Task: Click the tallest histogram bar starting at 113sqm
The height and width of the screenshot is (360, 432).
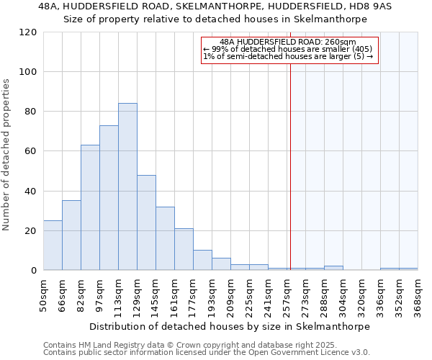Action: tap(127, 186)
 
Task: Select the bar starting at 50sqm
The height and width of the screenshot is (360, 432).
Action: tap(53, 245)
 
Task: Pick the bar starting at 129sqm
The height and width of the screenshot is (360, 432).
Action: tap(146, 222)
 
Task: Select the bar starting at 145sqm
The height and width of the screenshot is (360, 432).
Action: tap(165, 238)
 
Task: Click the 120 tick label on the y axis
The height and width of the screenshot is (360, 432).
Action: tap(28, 32)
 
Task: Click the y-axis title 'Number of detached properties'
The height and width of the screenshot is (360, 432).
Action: tap(7, 155)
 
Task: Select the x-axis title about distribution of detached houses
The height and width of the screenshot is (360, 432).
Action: tap(230, 326)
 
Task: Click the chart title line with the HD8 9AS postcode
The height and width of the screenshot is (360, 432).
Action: tap(215, 6)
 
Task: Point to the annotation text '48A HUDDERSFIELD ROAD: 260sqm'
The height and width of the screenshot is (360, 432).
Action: tap(288, 42)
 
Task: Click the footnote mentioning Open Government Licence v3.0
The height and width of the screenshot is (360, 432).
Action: tap(207, 352)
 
